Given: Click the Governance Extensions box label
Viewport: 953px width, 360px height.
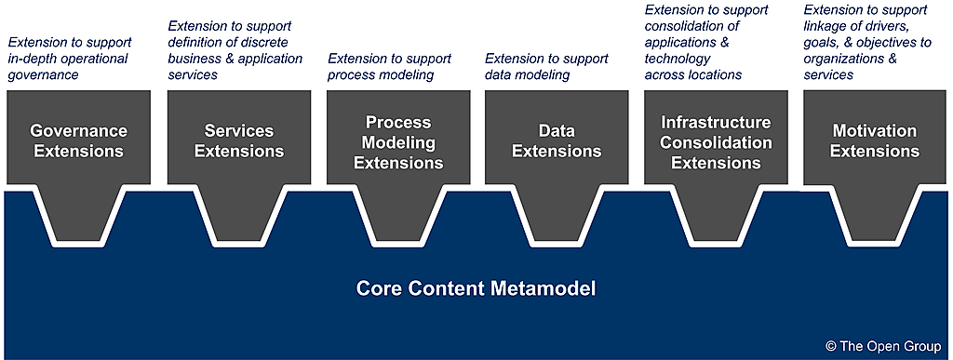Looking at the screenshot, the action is pyautogui.click(x=79, y=140).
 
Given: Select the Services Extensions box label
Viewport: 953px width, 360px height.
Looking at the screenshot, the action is pyautogui.click(x=239, y=140).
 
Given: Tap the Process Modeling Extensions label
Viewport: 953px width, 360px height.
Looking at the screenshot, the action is pyautogui.click(x=398, y=142).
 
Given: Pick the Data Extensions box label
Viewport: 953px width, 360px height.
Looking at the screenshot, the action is pyautogui.click(x=557, y=140).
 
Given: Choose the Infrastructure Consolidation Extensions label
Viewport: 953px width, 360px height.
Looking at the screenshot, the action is pyautogui.click(x=716, y=142).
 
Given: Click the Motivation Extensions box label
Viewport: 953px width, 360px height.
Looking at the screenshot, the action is pyautogui.click(x=875, y=140).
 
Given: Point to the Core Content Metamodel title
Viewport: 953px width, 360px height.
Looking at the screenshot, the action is pyautogui.click(x=476, y=287).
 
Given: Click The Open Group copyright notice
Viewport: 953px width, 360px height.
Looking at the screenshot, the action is pyautogui.click(x=883, y=346).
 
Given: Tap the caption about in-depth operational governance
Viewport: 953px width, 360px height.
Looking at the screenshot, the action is pyautogui.click(x=69, y=59).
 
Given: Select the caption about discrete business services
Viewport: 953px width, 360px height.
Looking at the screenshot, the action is pyautogui.click(x=235, y=50).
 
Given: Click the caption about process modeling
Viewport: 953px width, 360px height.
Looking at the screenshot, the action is pyautogui.click(x=390, y=67).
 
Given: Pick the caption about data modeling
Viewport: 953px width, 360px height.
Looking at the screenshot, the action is pyautogui.click(x=546, y=67).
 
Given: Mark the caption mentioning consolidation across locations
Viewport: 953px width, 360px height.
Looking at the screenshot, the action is pyautogui.click(x=706, y=43).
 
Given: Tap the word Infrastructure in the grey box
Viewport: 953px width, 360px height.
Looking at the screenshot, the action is pyautogui.click(x=716, y=123).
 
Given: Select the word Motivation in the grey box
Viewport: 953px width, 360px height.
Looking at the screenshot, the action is pyautogui.click(x=875, y=131).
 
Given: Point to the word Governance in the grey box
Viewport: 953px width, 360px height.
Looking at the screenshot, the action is pyautogui.click(x=79, y=131).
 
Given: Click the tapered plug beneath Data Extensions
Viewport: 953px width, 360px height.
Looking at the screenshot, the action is pyautogui.click(x=557, y=212).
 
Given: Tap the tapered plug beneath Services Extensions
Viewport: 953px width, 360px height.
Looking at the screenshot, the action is pyautogui.click(x=239, y=212).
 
